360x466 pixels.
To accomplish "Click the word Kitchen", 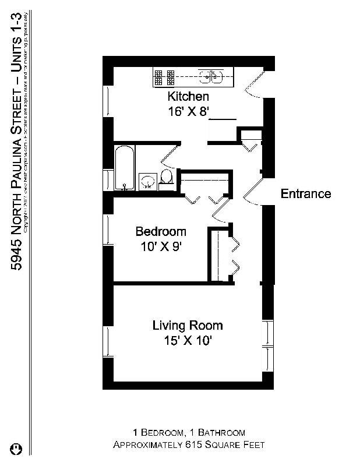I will (188, 97).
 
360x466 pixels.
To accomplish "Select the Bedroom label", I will (161, 232).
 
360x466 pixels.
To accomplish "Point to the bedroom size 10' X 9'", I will (161, 246).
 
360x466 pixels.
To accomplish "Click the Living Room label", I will (188, 326).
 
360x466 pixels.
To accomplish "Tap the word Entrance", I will (306, 194).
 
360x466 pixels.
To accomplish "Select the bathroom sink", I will (148, 181).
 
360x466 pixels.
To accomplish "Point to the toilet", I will (167, 178).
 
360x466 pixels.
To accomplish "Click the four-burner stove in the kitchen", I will (164, 77).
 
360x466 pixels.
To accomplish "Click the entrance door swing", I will (252, 191).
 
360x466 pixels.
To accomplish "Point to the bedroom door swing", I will (220, 209).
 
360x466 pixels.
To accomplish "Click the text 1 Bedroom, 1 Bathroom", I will (189, 432).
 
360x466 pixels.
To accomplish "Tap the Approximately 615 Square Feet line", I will (189, 444).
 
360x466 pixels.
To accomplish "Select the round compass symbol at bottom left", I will (17, 449).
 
